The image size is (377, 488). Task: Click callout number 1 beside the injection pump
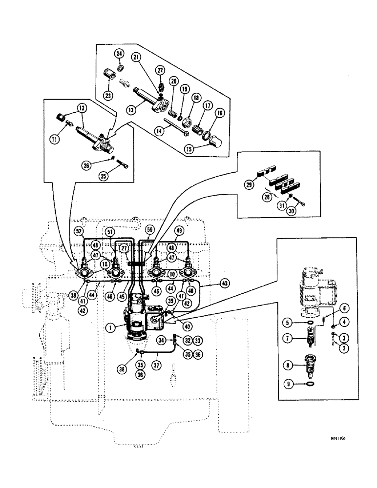point(113,328)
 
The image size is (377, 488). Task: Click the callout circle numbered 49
point(179,230)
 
